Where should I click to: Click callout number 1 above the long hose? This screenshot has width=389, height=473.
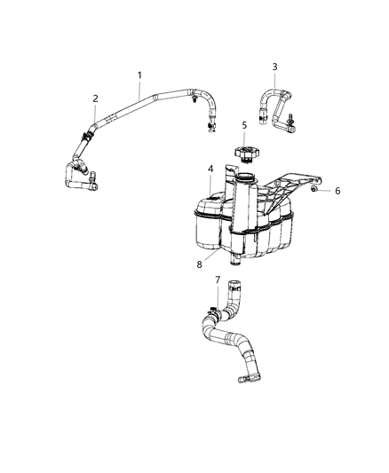coord(139,77)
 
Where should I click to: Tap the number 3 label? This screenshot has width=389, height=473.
coord(274,67)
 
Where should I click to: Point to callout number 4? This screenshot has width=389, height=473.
coord(210,169)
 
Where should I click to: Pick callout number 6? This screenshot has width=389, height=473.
coord(337,190)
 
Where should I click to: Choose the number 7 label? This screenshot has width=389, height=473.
coord(218,280)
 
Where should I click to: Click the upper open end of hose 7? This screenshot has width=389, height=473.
coord(234,286)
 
